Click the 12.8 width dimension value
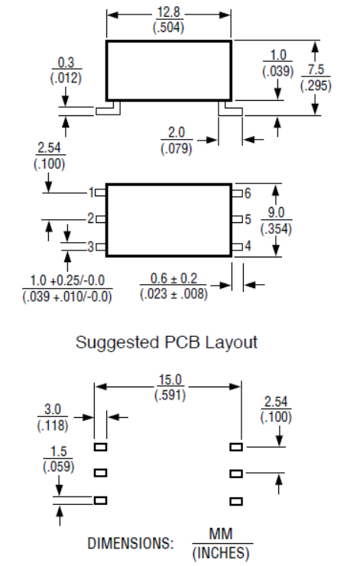point(169,12)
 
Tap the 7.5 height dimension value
point(316,70)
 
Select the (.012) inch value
point(66,78)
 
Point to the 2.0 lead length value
point(177,132)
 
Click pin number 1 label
point(92,192)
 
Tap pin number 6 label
point(248,193)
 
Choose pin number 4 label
point(248,246)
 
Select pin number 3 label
point(91,247)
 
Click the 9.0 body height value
point(276,212)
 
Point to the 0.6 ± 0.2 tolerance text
point(174,278)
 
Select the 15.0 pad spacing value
point(170,380)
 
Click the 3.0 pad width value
point(53,409)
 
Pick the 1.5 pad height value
point(59,451)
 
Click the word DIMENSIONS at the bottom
point(131,543)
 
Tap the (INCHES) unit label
point(221,553)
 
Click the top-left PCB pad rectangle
point(100,447)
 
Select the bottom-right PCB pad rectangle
point(236,501)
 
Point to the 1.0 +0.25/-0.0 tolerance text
point(67,280)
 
